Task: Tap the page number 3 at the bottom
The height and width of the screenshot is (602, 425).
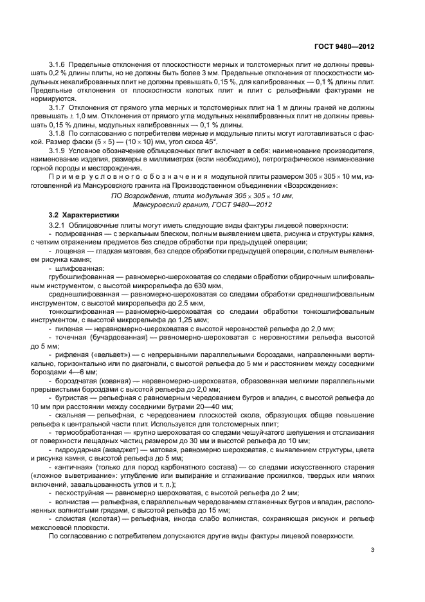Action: pyautogui.click(x=372, y=550)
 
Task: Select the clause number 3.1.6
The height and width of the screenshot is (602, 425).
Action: pyautogui.click(x=59, y=66)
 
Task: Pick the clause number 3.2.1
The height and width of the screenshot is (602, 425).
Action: pyautogui.click(x=59, y=225)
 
